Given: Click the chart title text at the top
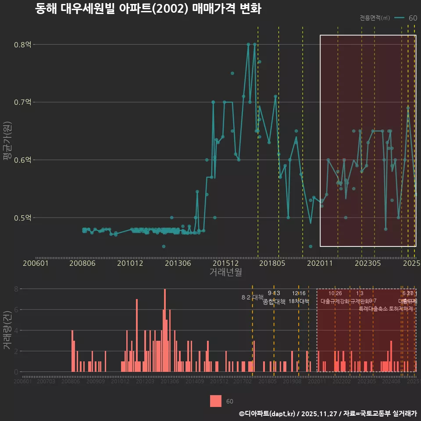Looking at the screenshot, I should (x=148, y=9).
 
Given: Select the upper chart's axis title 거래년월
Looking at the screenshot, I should (x=225, y=272).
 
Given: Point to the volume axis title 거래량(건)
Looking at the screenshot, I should (x=7, y=330).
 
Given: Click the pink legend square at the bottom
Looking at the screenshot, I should (x=216, y=401).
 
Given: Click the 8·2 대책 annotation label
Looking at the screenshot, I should (x=252, y=297).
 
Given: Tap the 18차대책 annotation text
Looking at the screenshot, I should (x=299, y=301).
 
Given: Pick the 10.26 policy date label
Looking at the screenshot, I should (x=335, y=293).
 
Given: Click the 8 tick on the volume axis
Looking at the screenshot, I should (x=16, y=289).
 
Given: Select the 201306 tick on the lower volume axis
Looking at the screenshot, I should (x=170, y=382).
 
